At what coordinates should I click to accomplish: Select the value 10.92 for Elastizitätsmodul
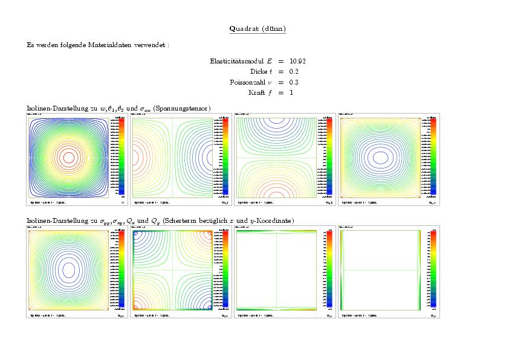pyautogui.click(x=297, y=61)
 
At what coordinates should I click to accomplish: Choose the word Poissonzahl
pyautogui.click(x=247, y=82)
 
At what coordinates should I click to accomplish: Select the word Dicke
pyautogui.click(x=259, y=71)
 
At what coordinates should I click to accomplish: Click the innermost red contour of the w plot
pyautogui.click(x=68, y=157)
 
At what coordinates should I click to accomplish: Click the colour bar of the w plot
pyautogui.click(x=122, y=156)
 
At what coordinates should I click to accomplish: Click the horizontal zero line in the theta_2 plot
pyautogui.click(x=275, y=158)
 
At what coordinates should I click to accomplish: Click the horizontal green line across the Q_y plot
pyautogui.click(x=380, y=269)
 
